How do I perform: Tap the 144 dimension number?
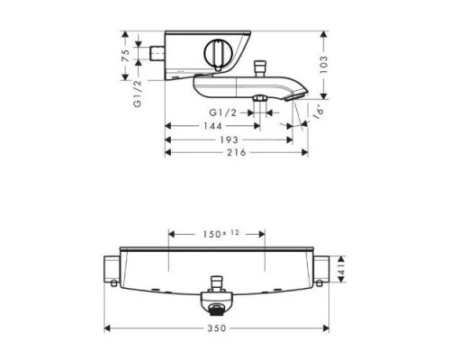211,126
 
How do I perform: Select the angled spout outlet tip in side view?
301,92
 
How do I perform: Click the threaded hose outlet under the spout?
259,99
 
